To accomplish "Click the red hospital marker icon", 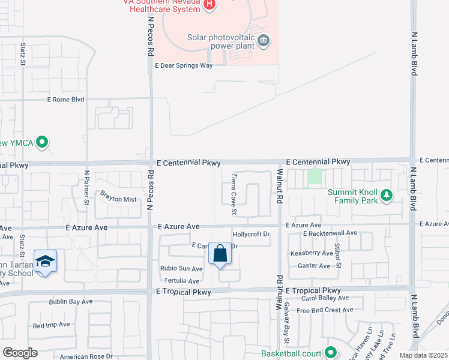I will pos(209,5).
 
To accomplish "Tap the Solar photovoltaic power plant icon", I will pos(264,41).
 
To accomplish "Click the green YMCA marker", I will pos(42,142).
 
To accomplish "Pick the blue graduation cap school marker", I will pos(45,262).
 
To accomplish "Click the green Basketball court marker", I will pos(330,353).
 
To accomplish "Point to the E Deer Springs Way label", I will pos(184,66).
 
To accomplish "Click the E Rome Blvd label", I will pos(65,100).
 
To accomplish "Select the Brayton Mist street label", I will pos(118,199).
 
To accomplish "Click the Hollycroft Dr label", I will pos(250,235).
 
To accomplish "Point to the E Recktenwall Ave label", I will pos(330,233).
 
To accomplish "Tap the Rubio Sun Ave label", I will pos(181,268).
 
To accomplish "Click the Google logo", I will pos(20,353).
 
